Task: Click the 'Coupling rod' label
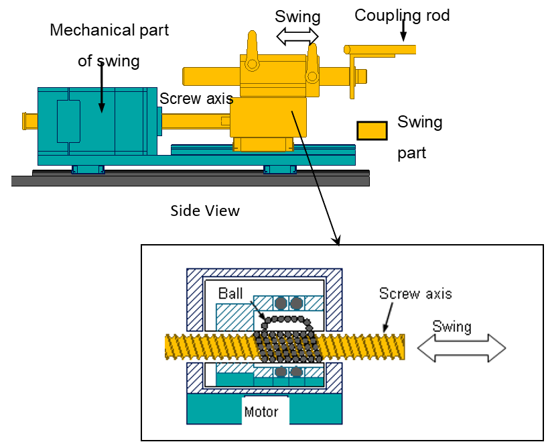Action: click(x=393, y=15)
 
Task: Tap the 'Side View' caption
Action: click(x=205, y=211)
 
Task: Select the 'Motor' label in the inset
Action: click(x=261, y=411)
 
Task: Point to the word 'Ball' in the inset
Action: click(x=230, y=294)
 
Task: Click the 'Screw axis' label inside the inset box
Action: click(x=415, y=293)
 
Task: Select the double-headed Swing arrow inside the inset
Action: click(x=462, y=349)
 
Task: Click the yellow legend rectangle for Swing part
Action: click(x=372, y=131)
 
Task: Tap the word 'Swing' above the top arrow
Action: click(x=298, y=16)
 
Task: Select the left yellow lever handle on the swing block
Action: click(x=253, y=50)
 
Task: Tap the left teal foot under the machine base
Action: click(x=88, y=169)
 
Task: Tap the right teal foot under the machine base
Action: click(x=280, y=169)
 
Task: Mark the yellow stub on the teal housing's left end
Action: click(x=30, y=121)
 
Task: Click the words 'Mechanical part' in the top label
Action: click(x=109, y=30)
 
